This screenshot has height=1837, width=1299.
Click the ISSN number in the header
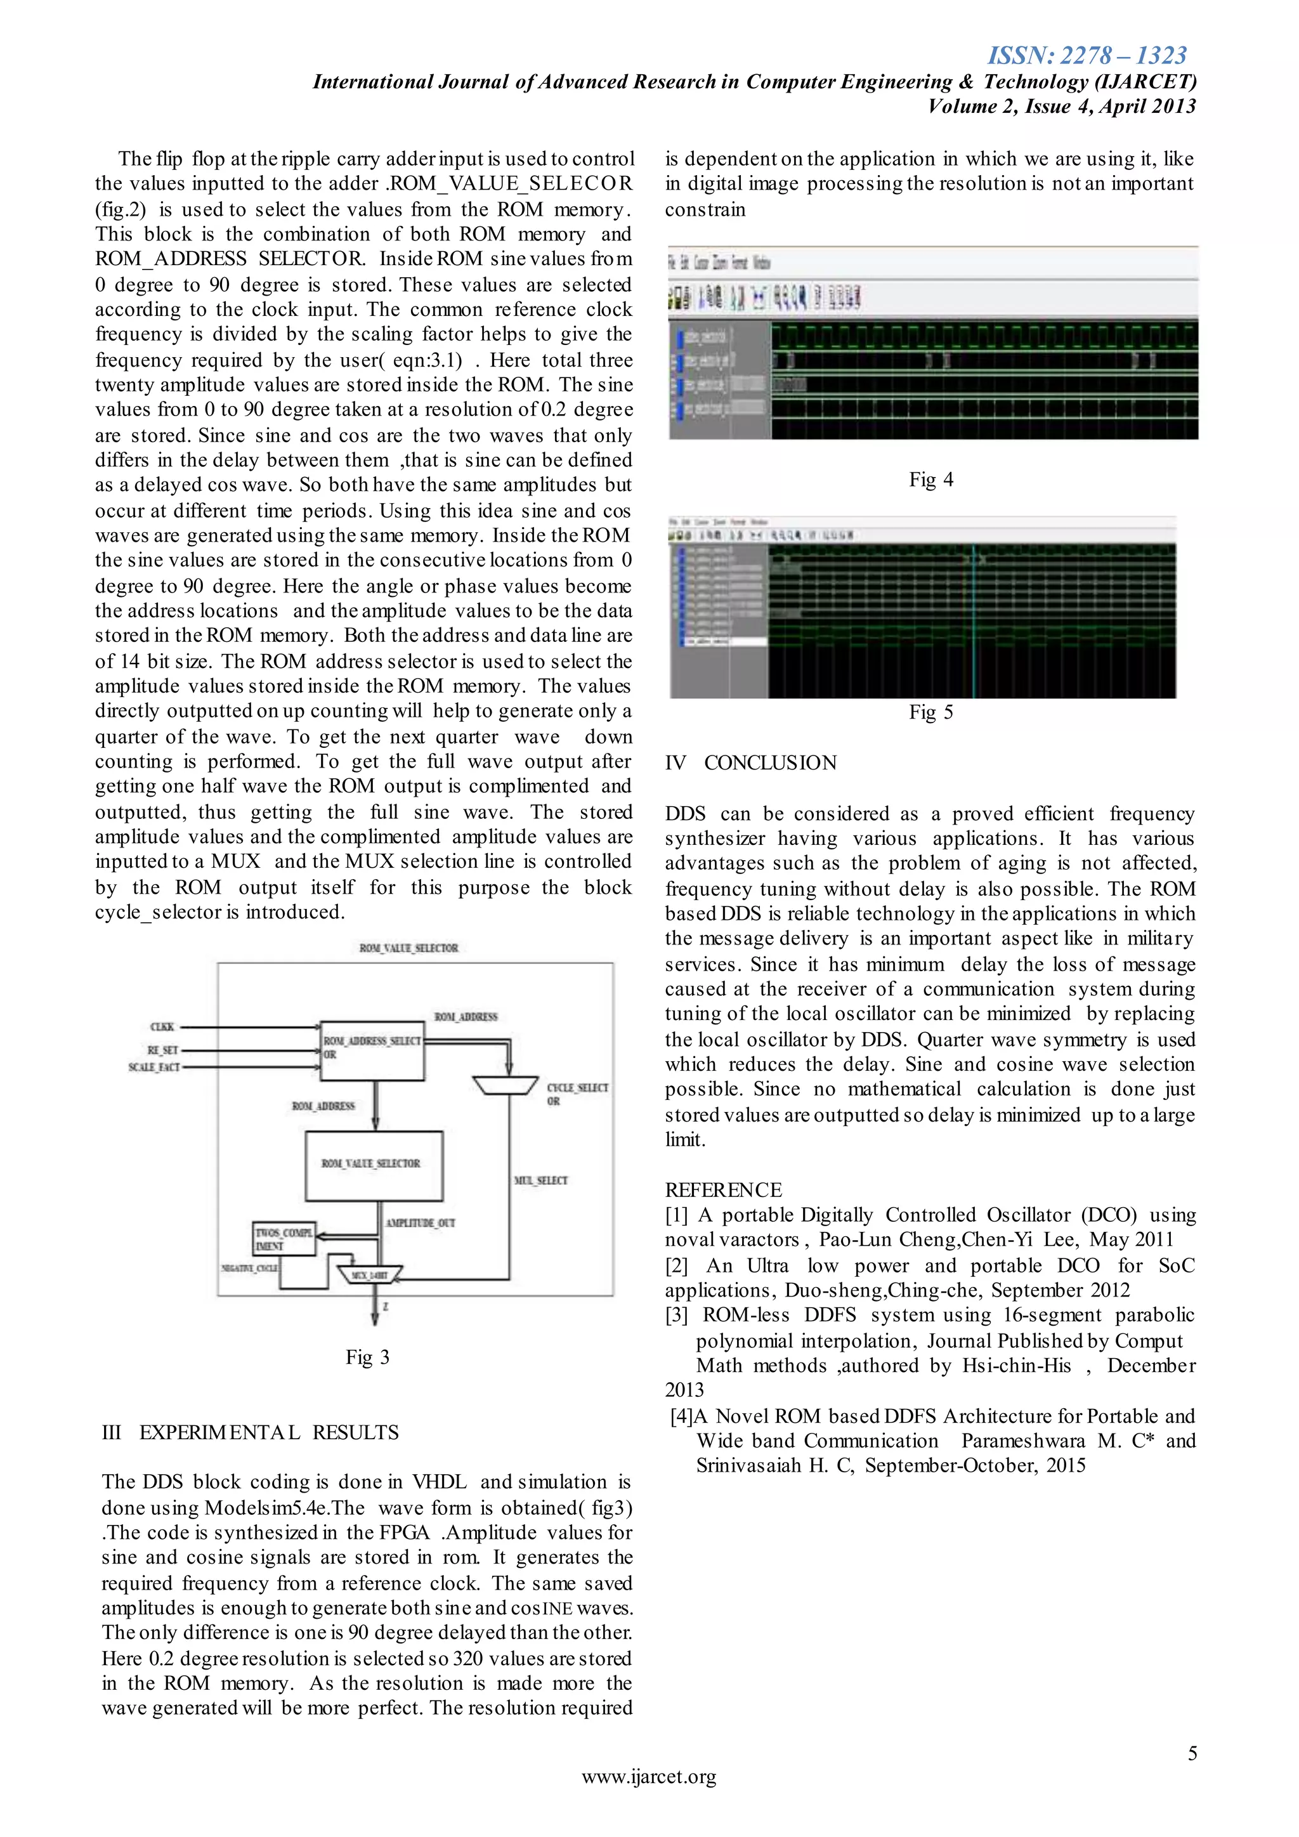coord(1087,55)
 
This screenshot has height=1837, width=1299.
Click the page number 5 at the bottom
coord(1192,1753)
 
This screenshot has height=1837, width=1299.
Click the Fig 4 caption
coord(931,480)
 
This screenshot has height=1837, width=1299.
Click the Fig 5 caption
coord(931,712)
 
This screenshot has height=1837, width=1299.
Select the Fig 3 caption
coord(367,1357)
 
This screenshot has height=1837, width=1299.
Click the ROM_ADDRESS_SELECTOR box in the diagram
coord(372,1050)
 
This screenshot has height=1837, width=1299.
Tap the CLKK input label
coord(162,1026)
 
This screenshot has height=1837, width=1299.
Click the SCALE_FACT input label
coord(153,1068)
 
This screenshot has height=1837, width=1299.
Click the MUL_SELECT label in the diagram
coord(540,1180)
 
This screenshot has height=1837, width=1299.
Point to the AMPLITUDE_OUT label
coord(420,1222)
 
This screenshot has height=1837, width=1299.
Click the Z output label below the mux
coord(386,1307)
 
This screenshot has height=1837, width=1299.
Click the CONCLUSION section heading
coord(769,762)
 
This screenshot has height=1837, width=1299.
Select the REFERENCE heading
coord(723,1190)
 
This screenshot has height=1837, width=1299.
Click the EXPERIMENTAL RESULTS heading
coord(269,1432)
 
